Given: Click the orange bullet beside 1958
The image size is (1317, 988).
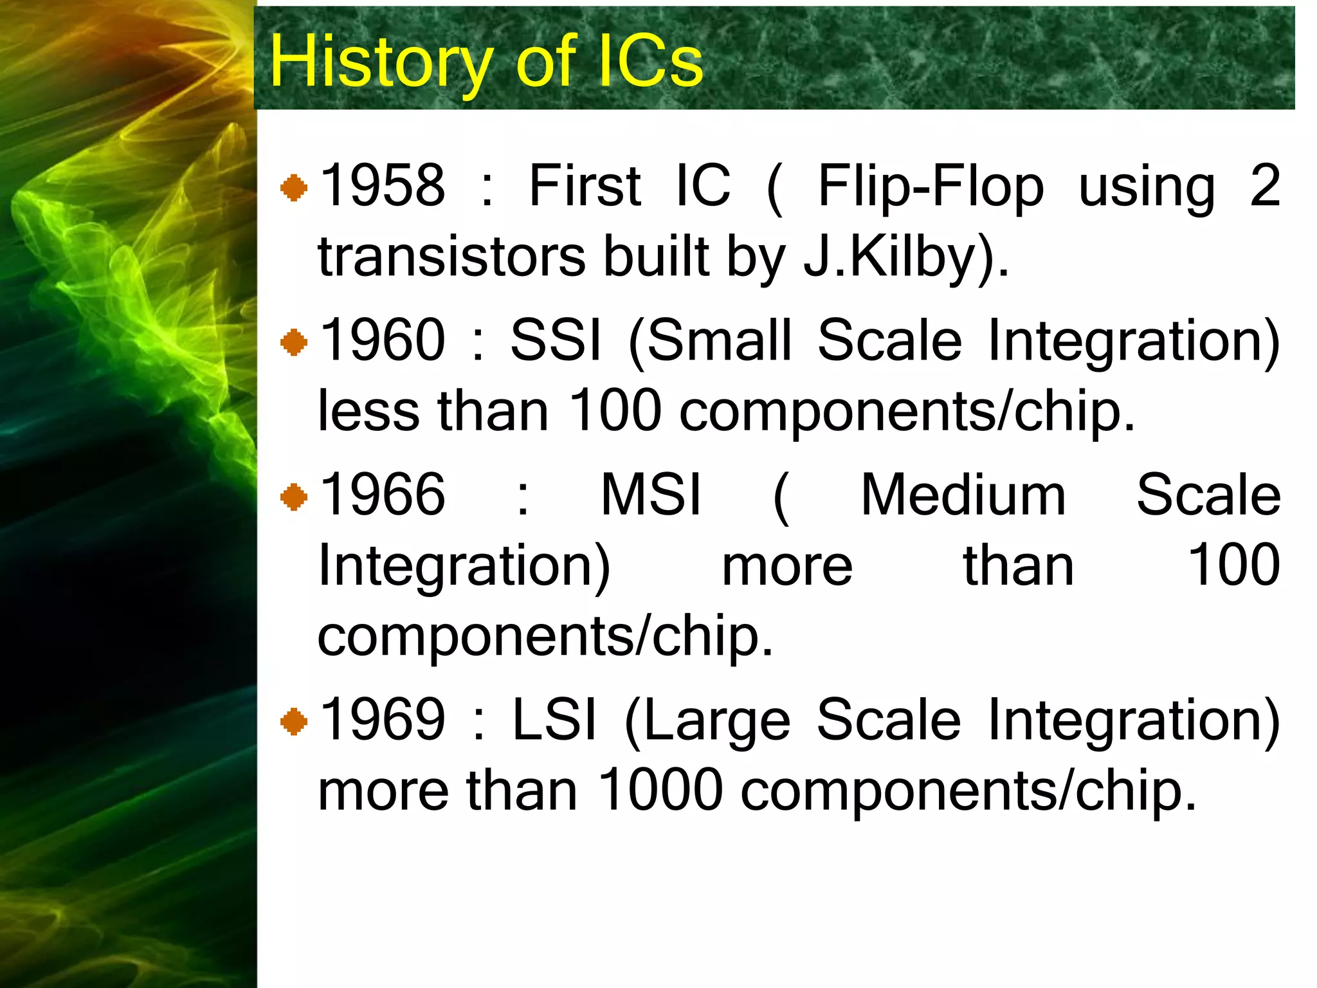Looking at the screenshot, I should (294, 188).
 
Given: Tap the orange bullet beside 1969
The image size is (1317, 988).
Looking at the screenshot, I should (294, 722).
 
